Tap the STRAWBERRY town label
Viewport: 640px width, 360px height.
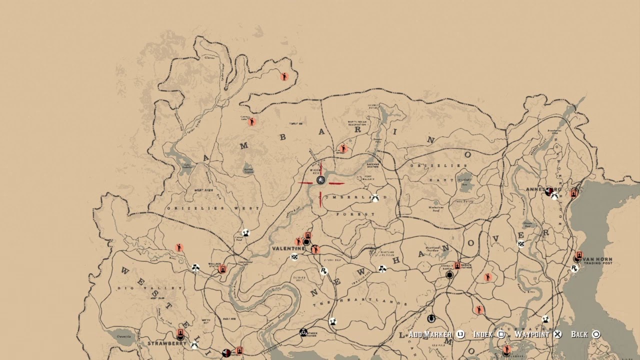166,343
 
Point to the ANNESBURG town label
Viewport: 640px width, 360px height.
538,189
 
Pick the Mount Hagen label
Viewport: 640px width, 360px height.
203,190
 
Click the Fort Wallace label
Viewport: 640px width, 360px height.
365,177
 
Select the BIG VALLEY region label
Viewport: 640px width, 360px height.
149,288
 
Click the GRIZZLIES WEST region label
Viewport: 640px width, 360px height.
213,208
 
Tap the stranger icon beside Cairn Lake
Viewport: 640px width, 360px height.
252,121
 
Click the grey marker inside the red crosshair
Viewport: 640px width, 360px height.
320,180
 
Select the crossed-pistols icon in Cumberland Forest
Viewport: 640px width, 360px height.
375,198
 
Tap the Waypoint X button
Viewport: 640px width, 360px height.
557,334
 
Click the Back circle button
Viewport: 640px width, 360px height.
596,334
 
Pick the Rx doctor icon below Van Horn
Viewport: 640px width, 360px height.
574,268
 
